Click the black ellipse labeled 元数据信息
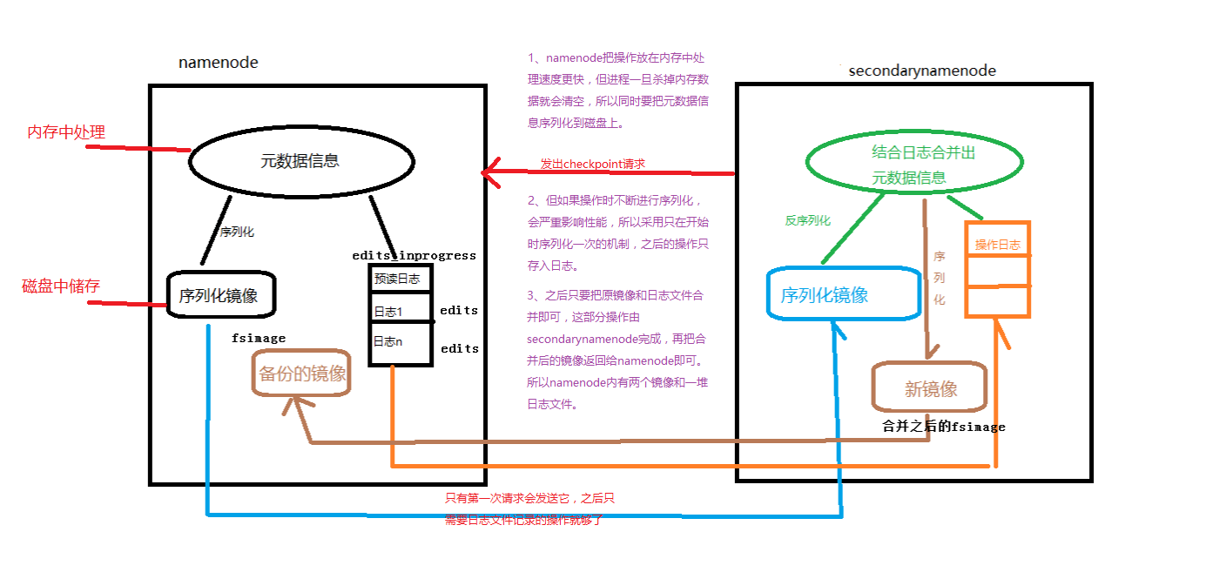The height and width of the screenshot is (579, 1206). click(x=300, y=161)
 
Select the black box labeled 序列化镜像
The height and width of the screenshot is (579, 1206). click(x=219, y=295)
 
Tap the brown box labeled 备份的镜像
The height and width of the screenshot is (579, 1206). click(x=302, y=374)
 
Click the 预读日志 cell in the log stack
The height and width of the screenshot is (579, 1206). click(x=399, y=279)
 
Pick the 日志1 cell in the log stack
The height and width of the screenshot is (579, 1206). click(x=399, y=312)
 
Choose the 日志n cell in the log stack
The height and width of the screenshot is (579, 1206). click(x=399, y=342)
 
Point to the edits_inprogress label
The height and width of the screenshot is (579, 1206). click(x=414, y=256)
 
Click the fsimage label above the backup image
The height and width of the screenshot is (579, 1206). click(x=259, y=338)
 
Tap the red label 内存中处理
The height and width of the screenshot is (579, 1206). click(x=66, y=132)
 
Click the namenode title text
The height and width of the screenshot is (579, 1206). click(x=219, y=63)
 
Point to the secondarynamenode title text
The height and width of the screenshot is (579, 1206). click(x=922, y=71)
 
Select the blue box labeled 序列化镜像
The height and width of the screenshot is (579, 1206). click(x=842, y=294)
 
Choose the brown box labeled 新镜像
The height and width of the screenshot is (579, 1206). click(x=930, y=388)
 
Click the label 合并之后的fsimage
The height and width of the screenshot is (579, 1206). click(x=944, y=427)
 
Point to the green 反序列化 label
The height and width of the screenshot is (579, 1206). click(x=807, y=221)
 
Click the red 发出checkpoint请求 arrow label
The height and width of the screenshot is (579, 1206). click(x=592, y=164)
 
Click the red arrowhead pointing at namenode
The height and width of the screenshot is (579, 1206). click(x=489, y=173)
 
